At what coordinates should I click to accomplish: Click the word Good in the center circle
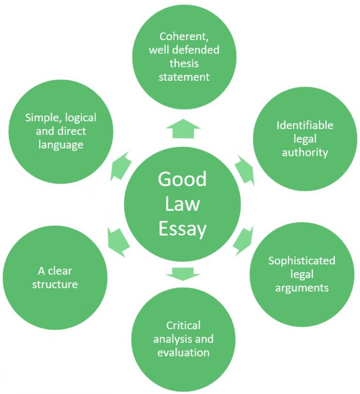click(182, 179)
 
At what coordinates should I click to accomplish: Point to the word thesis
click(184, 64)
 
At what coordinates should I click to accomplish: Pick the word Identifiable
click(304, 125)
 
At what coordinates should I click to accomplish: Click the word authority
click(304, 152)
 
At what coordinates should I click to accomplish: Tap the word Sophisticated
click(301, 260)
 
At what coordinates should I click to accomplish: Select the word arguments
click(301, 288)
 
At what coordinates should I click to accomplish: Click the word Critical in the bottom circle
click(183, 326)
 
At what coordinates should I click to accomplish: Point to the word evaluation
click(183, 353)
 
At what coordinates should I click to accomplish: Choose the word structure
click(55, 284)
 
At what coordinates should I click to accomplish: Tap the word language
click(61, 145)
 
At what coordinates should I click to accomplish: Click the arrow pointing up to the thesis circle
click(183, 129)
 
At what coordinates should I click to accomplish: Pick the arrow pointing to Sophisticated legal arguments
click(243, 240)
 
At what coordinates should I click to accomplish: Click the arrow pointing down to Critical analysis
click(183, 273)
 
